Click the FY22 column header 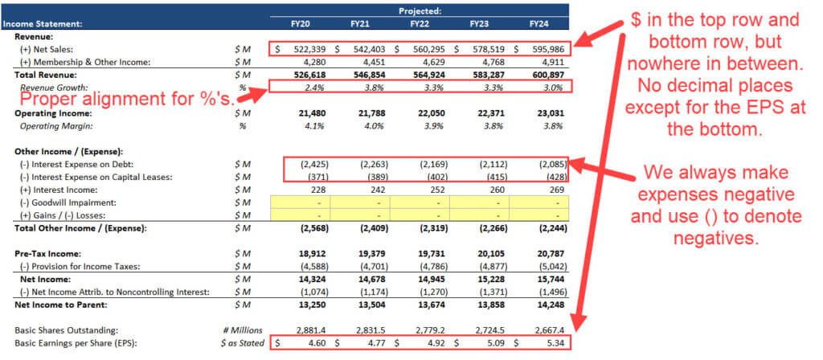419,24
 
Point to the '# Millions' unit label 244,329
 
